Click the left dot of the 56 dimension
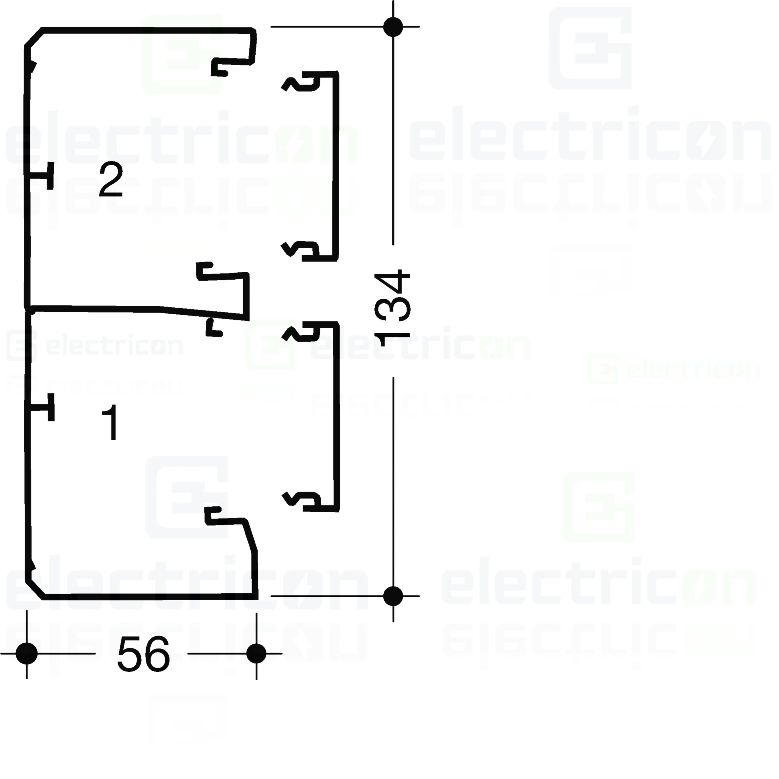27,653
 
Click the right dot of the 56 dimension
256,653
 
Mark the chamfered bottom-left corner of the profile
34,590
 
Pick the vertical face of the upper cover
335,165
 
